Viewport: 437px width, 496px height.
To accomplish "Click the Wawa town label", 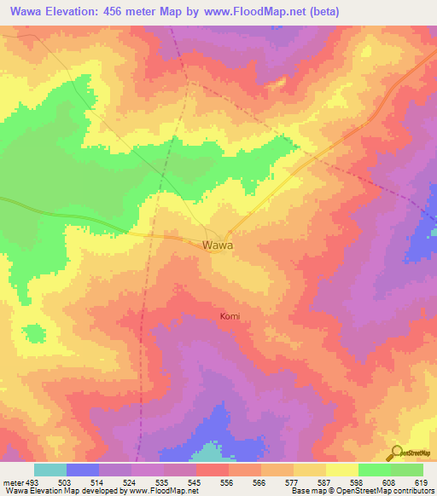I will click(218, 245).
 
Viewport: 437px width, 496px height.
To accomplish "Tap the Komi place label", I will click(230, 316).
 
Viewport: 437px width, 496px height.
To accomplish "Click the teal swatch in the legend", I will click(50, 470).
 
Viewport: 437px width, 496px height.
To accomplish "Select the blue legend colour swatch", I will click(82, 470).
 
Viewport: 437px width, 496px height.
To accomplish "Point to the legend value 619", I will click(421, 482).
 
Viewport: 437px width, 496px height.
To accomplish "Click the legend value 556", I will click(227, 482).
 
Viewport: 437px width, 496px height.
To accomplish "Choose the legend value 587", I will click(325, 482).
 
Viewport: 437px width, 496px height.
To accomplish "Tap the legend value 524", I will click(130, 482).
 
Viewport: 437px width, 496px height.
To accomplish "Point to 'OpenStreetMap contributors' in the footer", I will click(382, 491).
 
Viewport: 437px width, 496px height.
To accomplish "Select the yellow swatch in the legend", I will click(341, 470).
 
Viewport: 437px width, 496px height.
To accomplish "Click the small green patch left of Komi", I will click(34, 332).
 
